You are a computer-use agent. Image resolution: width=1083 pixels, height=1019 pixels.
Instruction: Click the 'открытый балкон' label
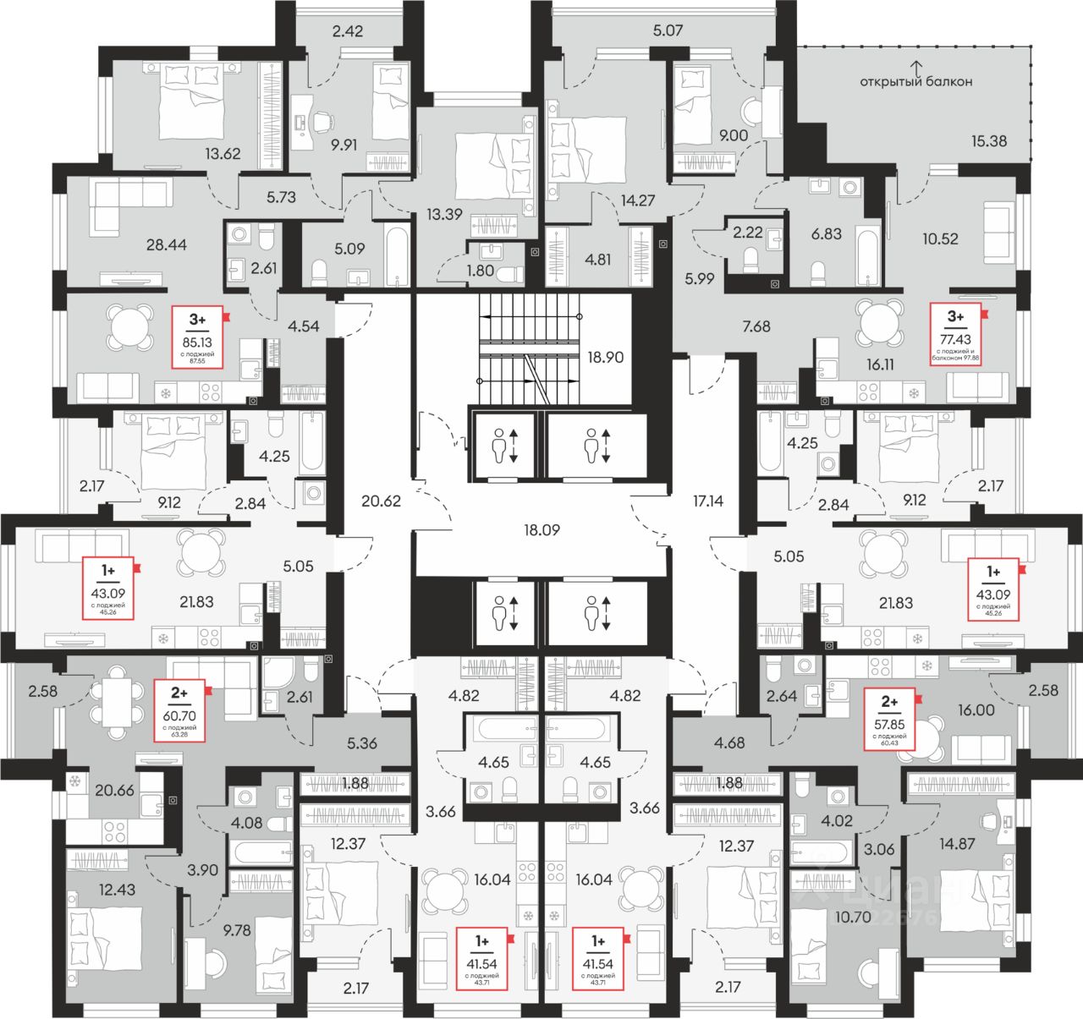[x=915, y=81]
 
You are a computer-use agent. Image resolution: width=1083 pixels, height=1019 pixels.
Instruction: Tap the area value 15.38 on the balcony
[x=988, y=141]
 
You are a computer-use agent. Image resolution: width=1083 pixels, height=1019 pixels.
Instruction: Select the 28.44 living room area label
[x=166, y=244]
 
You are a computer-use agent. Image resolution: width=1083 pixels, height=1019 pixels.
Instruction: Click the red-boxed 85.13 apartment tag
[x=197, y=337]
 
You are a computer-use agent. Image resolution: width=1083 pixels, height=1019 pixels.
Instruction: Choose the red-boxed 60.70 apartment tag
[x=179, y=710]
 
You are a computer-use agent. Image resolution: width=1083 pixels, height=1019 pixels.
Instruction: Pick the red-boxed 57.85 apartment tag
[x=889, y=719]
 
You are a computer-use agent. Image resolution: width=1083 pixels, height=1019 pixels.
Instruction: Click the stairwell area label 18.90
[x=605, y=357]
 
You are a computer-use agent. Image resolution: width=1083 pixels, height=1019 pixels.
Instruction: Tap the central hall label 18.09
[x=541, y=530]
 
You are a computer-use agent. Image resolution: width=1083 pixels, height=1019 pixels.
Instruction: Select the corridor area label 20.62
[x=381, y=501]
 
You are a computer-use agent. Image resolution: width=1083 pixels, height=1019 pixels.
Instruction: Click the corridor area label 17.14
[x=707, y=501]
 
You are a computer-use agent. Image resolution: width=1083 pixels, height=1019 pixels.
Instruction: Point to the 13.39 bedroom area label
[x=444, y=214]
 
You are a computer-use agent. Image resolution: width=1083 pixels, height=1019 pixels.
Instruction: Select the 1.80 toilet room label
[x=480, y=271]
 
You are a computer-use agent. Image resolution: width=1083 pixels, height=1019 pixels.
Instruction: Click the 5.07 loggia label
[x=668, y=30]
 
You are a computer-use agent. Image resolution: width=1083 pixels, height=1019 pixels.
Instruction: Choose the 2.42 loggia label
[x=347, y=32]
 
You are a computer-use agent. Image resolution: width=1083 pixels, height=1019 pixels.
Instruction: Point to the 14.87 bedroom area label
[x=958, y=843]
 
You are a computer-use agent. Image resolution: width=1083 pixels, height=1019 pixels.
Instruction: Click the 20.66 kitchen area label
[x=114, y=790]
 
